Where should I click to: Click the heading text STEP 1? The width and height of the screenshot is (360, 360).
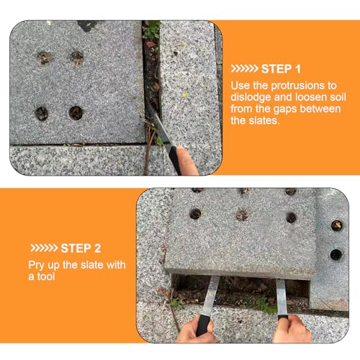tap(281, 69)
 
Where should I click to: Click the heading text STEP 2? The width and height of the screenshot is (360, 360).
tap(81, 248)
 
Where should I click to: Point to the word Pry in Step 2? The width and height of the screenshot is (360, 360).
tap(37, 266)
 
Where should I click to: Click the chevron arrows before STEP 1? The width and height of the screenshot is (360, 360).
tap(244, 69)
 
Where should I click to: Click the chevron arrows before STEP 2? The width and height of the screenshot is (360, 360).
tap(44, 248)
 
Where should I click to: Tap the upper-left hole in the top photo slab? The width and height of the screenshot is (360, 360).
tap(43, 58)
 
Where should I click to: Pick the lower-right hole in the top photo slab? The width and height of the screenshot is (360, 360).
tap(76, 113)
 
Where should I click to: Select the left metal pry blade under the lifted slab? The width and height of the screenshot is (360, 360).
tap(210, 296)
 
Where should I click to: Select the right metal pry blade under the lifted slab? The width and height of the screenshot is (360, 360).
tap(282, 297)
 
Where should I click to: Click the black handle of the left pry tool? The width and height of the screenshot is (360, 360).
tap(203, 325)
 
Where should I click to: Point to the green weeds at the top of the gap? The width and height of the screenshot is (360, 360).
tap(152, 30)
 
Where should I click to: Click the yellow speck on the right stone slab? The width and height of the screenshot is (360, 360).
tap(185, 95)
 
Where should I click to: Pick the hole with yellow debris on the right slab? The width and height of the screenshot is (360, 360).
tap(336, 225)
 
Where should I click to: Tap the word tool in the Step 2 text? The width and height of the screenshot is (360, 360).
tap(46, 276)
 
